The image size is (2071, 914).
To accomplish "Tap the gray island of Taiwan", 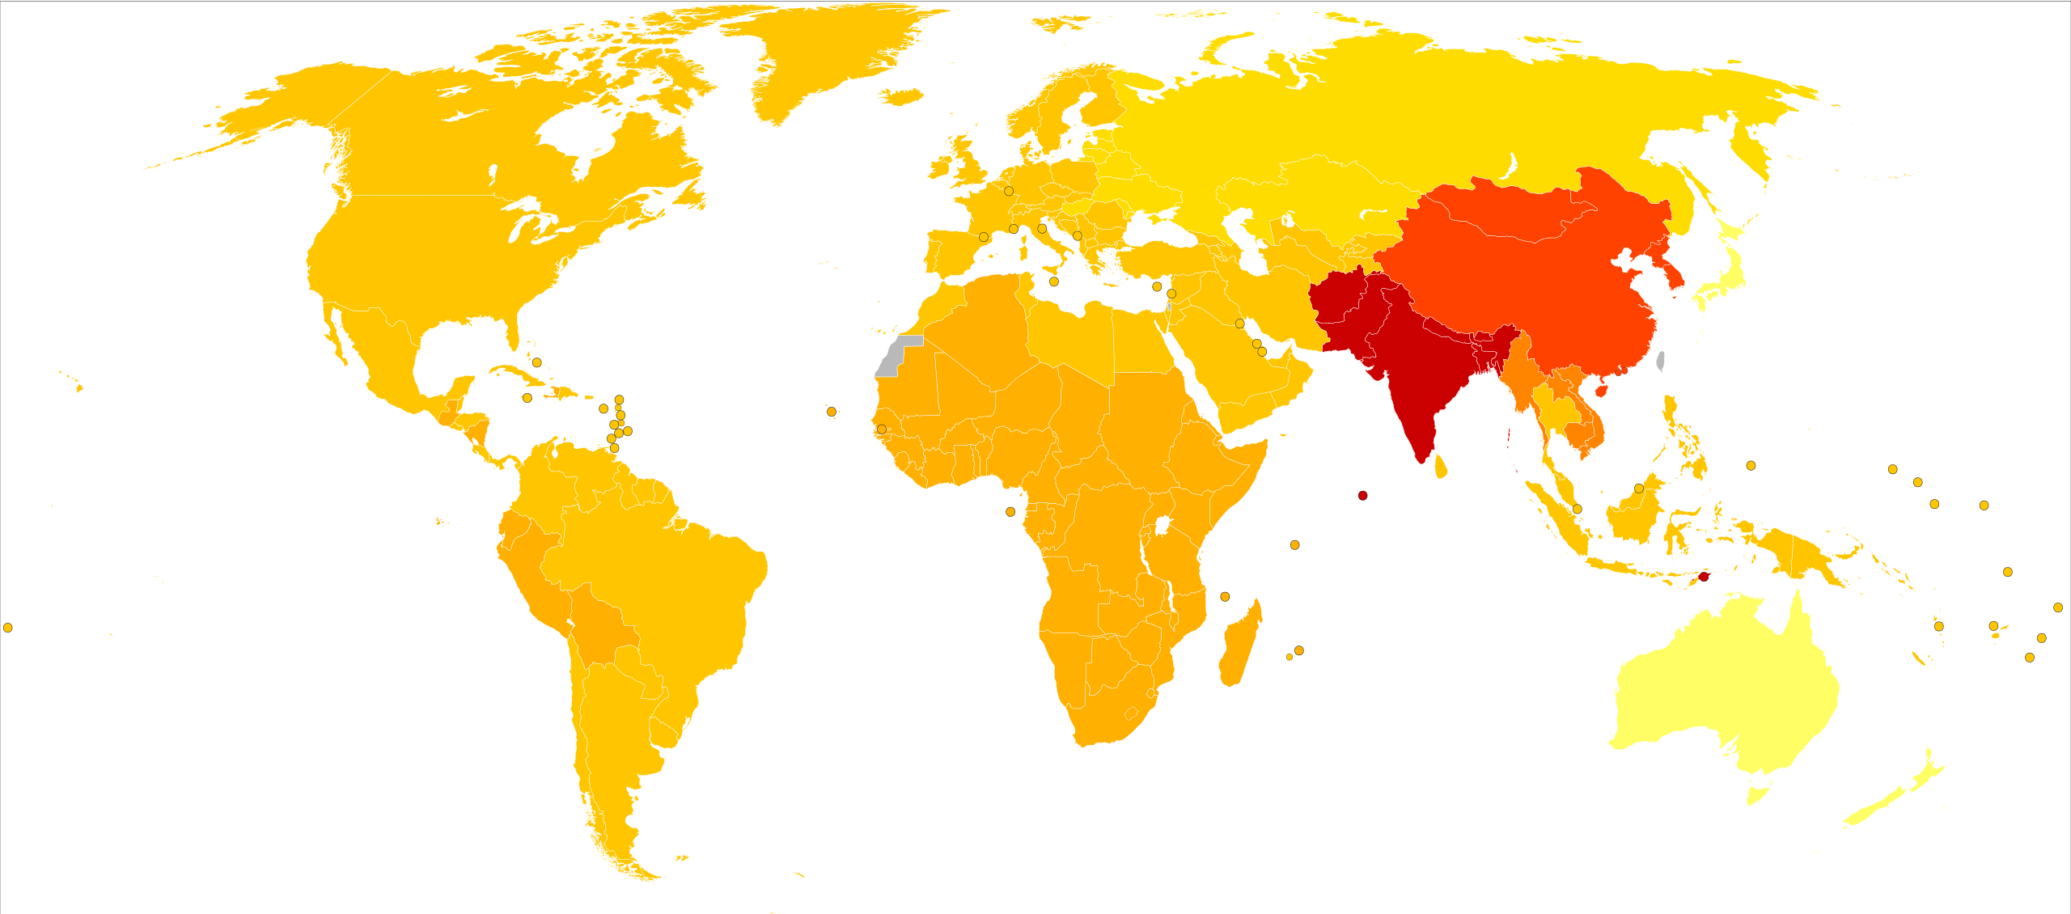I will pos(1660,361).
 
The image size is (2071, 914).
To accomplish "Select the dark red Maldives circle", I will pos(1362,495).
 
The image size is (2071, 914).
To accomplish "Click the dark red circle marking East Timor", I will pos(1703,577).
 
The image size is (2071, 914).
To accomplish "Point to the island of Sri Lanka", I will pos(1441,467).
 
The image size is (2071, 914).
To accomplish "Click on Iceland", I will pos(900,97).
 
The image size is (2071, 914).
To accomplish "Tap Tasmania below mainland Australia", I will pos(1758,793).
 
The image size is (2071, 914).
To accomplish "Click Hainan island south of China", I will pos(1600,390).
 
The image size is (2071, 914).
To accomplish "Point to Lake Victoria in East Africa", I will pos(1163,527).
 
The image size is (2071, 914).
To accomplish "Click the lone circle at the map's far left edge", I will pos(7,628).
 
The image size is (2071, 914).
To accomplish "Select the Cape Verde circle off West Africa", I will pos(831,412).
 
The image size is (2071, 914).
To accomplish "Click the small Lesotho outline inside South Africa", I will pos(1132,713).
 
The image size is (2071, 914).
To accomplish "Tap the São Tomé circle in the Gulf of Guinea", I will pos(1010,512).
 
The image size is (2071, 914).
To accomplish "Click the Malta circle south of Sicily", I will pos(1053,281).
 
